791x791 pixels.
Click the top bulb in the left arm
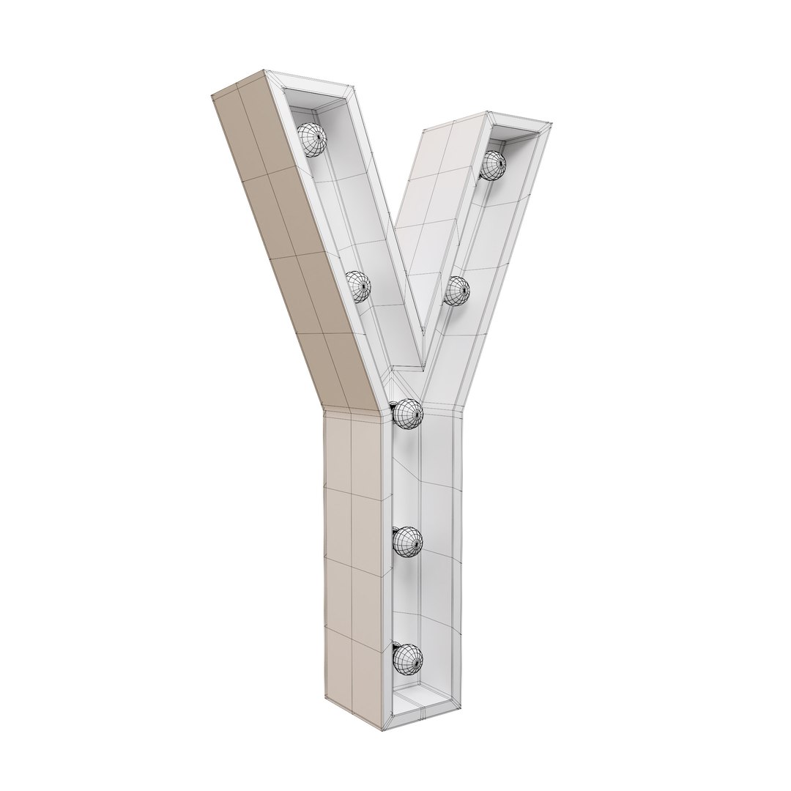pyautogui.click(x=311, y=139)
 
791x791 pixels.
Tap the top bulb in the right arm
pyautogui.click(x=493, y=166)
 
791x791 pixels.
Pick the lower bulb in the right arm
pyautogui.click(x=456, y=291)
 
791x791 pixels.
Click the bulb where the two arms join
pyautogui.click(x=407, y=413)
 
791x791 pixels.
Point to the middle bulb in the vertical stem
pyautogui.click(x=407, y=542)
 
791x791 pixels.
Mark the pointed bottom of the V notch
pyautogui.click(x=423, y=364)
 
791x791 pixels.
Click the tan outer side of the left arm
pyautogui.click(x=293, y=242)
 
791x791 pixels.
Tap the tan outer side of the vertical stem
pyautogui.click(x=352, y=557)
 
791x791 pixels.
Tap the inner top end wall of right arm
pyautogui.click(x=516, y=135)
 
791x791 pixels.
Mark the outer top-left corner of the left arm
pyautogui.click(x=211, y=95)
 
